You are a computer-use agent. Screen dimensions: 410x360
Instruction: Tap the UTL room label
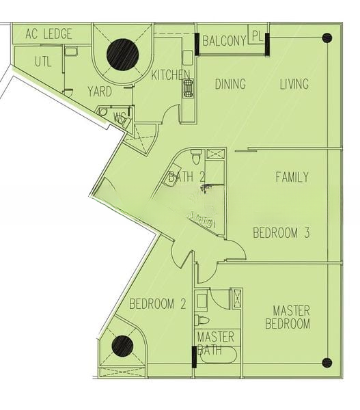click(x=42, y=61)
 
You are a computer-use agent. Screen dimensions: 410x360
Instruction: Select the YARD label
click(x=100, y=91)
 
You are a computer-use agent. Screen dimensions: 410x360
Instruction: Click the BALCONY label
click(x=224, y=42)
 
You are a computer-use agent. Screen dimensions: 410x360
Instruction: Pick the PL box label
click(x=257, y=36)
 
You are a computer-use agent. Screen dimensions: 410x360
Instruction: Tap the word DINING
click(x=230, y=84)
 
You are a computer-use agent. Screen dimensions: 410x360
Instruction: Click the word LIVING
click(x=294, y=84)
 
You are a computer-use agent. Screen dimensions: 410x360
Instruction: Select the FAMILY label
click(x=292, y=177)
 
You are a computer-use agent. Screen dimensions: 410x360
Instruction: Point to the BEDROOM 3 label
click(x=281, y=233)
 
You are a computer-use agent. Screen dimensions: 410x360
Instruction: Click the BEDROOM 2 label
click(x=157, y=305)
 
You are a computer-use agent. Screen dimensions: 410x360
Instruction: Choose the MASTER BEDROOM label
click(x=288, y=317)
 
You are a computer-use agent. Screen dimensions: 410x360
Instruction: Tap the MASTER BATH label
click(x=215, y=344)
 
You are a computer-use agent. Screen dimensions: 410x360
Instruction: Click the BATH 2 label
click(x=186, y=178)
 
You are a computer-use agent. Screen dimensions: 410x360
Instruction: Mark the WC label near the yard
click(x=120, y=117)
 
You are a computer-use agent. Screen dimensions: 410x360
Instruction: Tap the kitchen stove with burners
click(x=187, y=87)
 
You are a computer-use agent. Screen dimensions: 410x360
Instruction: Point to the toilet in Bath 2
click(x=196, y=158)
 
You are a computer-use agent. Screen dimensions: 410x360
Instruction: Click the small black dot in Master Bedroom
click(x=327, y=362)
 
